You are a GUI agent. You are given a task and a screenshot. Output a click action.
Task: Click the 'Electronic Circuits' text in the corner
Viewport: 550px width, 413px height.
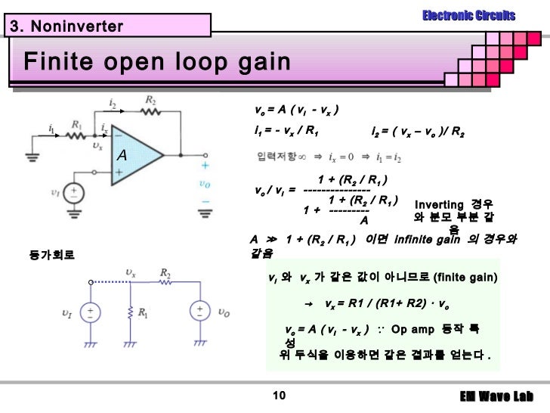468,15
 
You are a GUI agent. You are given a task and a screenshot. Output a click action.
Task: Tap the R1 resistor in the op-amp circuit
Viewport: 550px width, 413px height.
76,137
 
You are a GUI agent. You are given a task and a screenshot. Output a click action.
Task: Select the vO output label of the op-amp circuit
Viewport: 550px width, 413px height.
205,183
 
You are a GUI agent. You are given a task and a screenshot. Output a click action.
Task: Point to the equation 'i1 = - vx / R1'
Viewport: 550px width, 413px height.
287,131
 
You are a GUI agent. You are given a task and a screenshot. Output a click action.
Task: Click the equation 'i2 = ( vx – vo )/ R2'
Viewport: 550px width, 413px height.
419,132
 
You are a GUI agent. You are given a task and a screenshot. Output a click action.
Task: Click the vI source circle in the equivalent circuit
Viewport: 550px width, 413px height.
90,312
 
